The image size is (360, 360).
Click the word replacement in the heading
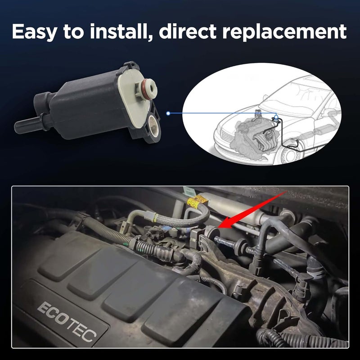(284, 32)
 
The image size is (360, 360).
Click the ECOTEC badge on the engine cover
(67, 322)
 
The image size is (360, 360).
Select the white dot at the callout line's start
(168, 113)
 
